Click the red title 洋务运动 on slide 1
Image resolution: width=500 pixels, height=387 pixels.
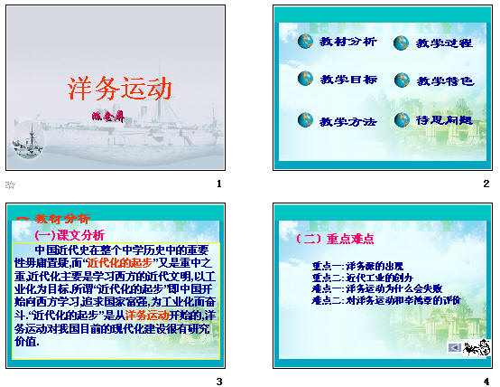(x=120, y=90)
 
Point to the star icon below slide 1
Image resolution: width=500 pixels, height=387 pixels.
(x=11, y=185)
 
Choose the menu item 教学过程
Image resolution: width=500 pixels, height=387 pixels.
(x=444, y=42)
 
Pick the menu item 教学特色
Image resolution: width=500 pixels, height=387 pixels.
(x=444, y=80)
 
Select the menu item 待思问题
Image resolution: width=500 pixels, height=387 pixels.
(x=444, y=119)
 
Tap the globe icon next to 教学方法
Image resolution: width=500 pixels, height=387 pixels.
(x=305, y=119)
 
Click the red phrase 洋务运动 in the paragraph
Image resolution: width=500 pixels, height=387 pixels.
(x=148, y=315)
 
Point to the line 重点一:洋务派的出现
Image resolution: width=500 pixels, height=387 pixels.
(x=357, y=266)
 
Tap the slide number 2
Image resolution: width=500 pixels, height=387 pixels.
(x=486, y=184)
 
